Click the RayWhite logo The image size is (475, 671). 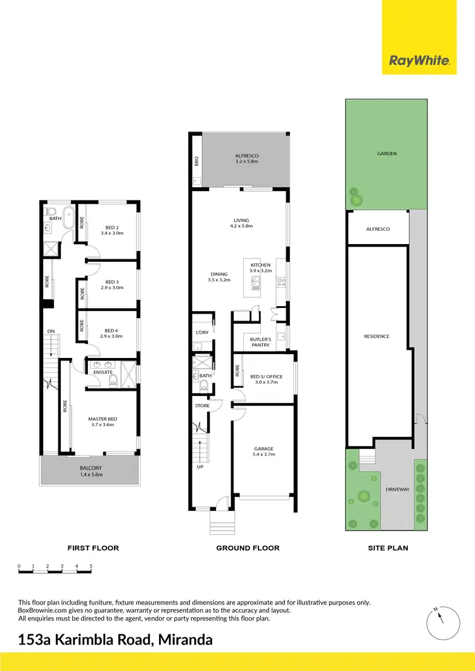[x=419, y=61]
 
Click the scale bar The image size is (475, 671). [x=55, y=571]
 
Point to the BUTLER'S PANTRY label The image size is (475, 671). [x=260, y=342]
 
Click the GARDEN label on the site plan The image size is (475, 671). [x=386, y=154]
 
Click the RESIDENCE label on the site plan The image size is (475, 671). [x=376, y=336]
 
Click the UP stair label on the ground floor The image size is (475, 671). [x=200, y=467]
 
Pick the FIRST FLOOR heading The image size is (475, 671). [x=93, y=548]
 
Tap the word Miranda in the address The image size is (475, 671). [x=183, y=640]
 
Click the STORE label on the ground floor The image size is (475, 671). [x=202, y=405]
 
